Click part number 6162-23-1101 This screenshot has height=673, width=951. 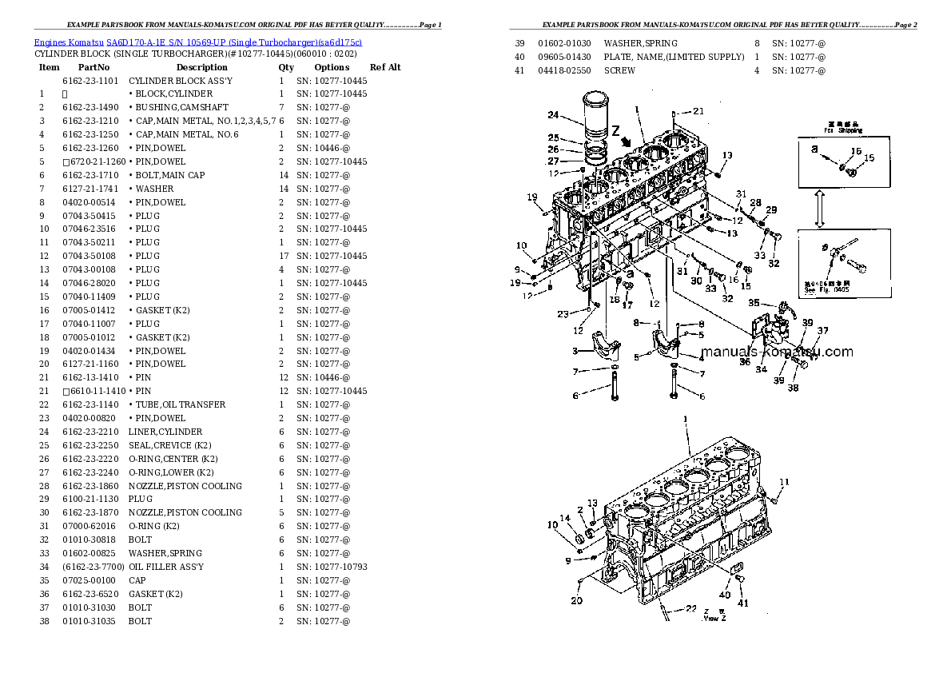coord(90,81)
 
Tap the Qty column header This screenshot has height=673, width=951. coord(286,67)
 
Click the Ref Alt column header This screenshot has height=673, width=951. coord(385,67)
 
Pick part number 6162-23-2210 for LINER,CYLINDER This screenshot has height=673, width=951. coord(90,432)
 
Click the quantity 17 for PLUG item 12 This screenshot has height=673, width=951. coord(283,256)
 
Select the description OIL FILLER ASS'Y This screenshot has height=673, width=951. coord(165,567)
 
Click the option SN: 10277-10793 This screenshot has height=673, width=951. coord(331,567)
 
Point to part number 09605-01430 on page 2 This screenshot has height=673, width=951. coord(564,57)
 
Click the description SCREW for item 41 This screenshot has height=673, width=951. coord(619,70)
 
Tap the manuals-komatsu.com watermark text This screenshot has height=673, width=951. coord(776,352)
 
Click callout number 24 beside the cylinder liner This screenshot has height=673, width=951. coord(575,114)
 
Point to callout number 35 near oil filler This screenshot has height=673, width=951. coord(753,303)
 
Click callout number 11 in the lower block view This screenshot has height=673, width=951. coord(784,482)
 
